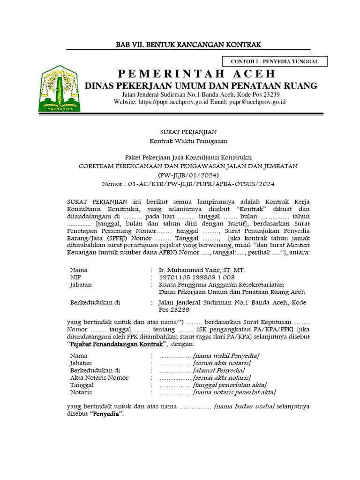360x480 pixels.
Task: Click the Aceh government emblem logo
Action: pos(60,89)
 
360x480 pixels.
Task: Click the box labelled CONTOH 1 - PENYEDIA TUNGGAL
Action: pos(275,61)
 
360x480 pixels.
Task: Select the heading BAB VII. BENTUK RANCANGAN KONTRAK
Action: pos(188,45)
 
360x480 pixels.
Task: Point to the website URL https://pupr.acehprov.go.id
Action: pos(174,101)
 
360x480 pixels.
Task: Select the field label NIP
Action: pos(75,277)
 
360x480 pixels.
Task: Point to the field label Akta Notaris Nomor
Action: pos(99,377)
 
